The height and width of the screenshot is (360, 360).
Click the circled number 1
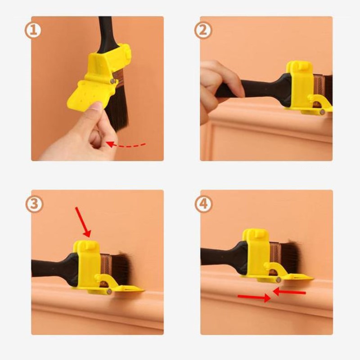coord(33,30)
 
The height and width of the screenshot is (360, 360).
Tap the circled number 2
coord(203,30)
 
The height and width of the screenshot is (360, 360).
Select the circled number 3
coord(34,204)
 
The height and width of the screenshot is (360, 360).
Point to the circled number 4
coord(203,204)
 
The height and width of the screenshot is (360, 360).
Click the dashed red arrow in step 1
coord(126,145)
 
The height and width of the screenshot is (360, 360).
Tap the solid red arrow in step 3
coord(83,222)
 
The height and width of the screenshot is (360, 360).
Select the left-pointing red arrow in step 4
coord(289,292)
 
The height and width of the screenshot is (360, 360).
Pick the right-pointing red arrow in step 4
coord(254,297)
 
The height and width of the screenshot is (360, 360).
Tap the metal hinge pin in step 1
coord(112,81)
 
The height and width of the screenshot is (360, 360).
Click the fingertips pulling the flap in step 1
coord(96,108)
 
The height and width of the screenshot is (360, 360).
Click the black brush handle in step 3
coord(54,269)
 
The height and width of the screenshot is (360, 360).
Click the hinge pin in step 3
coord(109,292)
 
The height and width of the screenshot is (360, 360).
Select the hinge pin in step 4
coord(279,279)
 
